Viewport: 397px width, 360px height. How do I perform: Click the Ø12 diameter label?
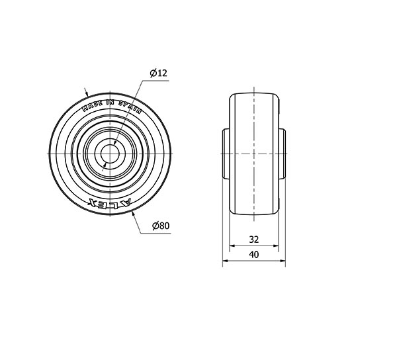[159, 73]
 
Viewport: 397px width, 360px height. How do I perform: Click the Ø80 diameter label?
[161, 225]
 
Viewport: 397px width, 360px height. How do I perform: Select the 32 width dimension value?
[253, 240]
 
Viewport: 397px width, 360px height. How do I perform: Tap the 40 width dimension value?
[254, 254]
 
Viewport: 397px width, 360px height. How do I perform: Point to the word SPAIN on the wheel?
[130, 107]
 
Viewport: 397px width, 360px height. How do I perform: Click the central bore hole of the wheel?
[110, 154]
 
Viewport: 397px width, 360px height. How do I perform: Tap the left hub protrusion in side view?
[226, 154]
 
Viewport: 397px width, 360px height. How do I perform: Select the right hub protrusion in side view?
[282, 154]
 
